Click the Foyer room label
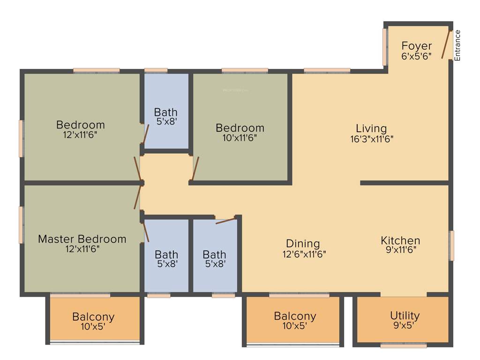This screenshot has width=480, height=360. coord(417,46)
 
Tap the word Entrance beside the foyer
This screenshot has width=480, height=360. coord(458,45)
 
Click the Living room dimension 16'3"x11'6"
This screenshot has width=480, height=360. coord(371,139)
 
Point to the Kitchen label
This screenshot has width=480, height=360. coord(400,240)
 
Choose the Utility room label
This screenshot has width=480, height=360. coord(405,315)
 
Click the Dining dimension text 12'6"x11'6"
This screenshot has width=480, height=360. coord(303,254)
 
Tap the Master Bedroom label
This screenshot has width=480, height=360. coord(82,239)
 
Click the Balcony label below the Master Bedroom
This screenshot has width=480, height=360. coord(93,317)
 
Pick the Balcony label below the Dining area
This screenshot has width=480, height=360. coord(295,316)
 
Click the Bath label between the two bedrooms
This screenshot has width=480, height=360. coord(166,112)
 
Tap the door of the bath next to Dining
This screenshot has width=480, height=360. coord(225,220)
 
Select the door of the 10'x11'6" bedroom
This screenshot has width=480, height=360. coord(195,168)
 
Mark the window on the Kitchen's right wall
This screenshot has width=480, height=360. coord(451,245)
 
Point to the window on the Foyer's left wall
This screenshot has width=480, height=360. coord(385,47)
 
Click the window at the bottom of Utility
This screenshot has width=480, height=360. coord(403,346)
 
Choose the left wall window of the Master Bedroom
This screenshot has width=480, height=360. coord(21,225)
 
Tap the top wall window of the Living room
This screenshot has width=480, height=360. coord(327,71)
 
